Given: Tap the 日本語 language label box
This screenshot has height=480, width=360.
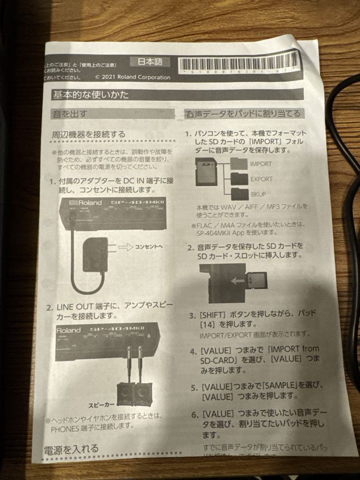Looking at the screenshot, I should (150, 61).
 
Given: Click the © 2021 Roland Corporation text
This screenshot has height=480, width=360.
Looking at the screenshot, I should (132, 77).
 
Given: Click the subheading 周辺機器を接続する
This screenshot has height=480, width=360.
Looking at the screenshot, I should (89, 134).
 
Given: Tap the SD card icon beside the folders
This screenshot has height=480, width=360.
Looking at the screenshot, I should (206, 172).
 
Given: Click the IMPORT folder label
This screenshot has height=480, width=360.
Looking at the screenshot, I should (260, 164).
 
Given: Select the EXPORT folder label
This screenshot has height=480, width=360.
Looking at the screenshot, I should (261, 179).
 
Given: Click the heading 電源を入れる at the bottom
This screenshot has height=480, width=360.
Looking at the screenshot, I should (71, 449).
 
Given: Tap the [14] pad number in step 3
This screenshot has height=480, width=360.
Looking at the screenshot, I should (211, 324).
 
